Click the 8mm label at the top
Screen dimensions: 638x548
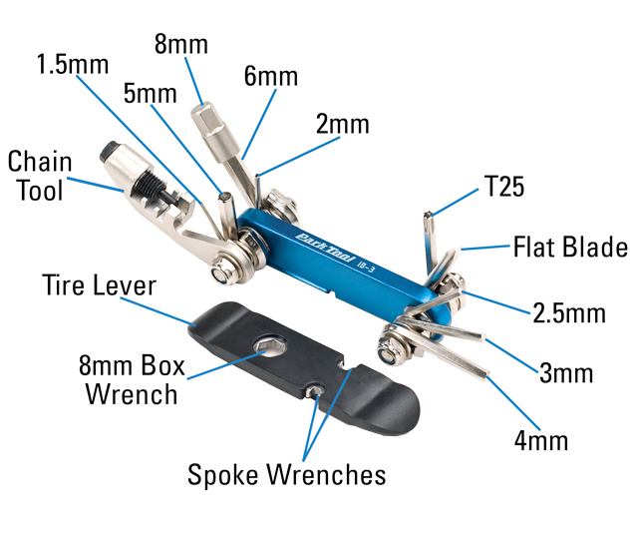coord(181,44)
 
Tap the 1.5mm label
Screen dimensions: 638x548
coord(73,64)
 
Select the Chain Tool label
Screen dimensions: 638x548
coord(40,176)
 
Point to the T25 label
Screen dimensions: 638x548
coord(504,187)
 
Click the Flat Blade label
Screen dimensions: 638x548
coord(570,247)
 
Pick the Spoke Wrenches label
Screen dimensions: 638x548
coord(286,475)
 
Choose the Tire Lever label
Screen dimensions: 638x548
coord(99,284)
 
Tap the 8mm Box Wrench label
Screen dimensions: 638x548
coord(132,379)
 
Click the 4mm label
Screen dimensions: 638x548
coord(541,440)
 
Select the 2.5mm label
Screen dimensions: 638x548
coord(569,313)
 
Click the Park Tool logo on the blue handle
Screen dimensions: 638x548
coord(325,248)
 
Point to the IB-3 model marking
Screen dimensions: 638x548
coord(365,267)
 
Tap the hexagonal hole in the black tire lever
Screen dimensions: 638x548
coord(270,345)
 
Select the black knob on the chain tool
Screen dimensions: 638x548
coord(109,151)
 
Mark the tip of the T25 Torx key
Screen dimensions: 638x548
coord(428,215)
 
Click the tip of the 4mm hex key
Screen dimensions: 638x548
coord(485,374)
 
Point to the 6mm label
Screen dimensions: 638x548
coord(271,76)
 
